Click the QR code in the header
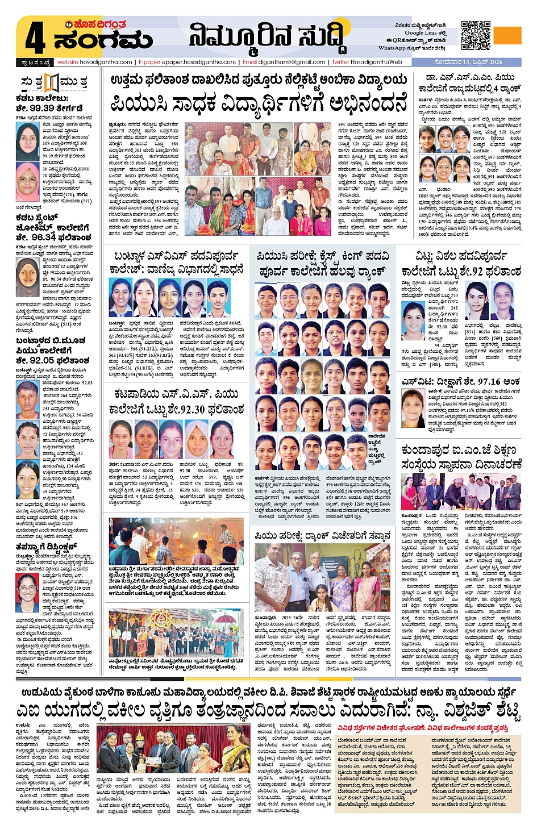476,36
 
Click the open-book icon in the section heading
52,82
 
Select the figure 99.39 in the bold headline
43,108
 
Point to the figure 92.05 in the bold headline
42,360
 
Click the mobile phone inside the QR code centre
476,36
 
